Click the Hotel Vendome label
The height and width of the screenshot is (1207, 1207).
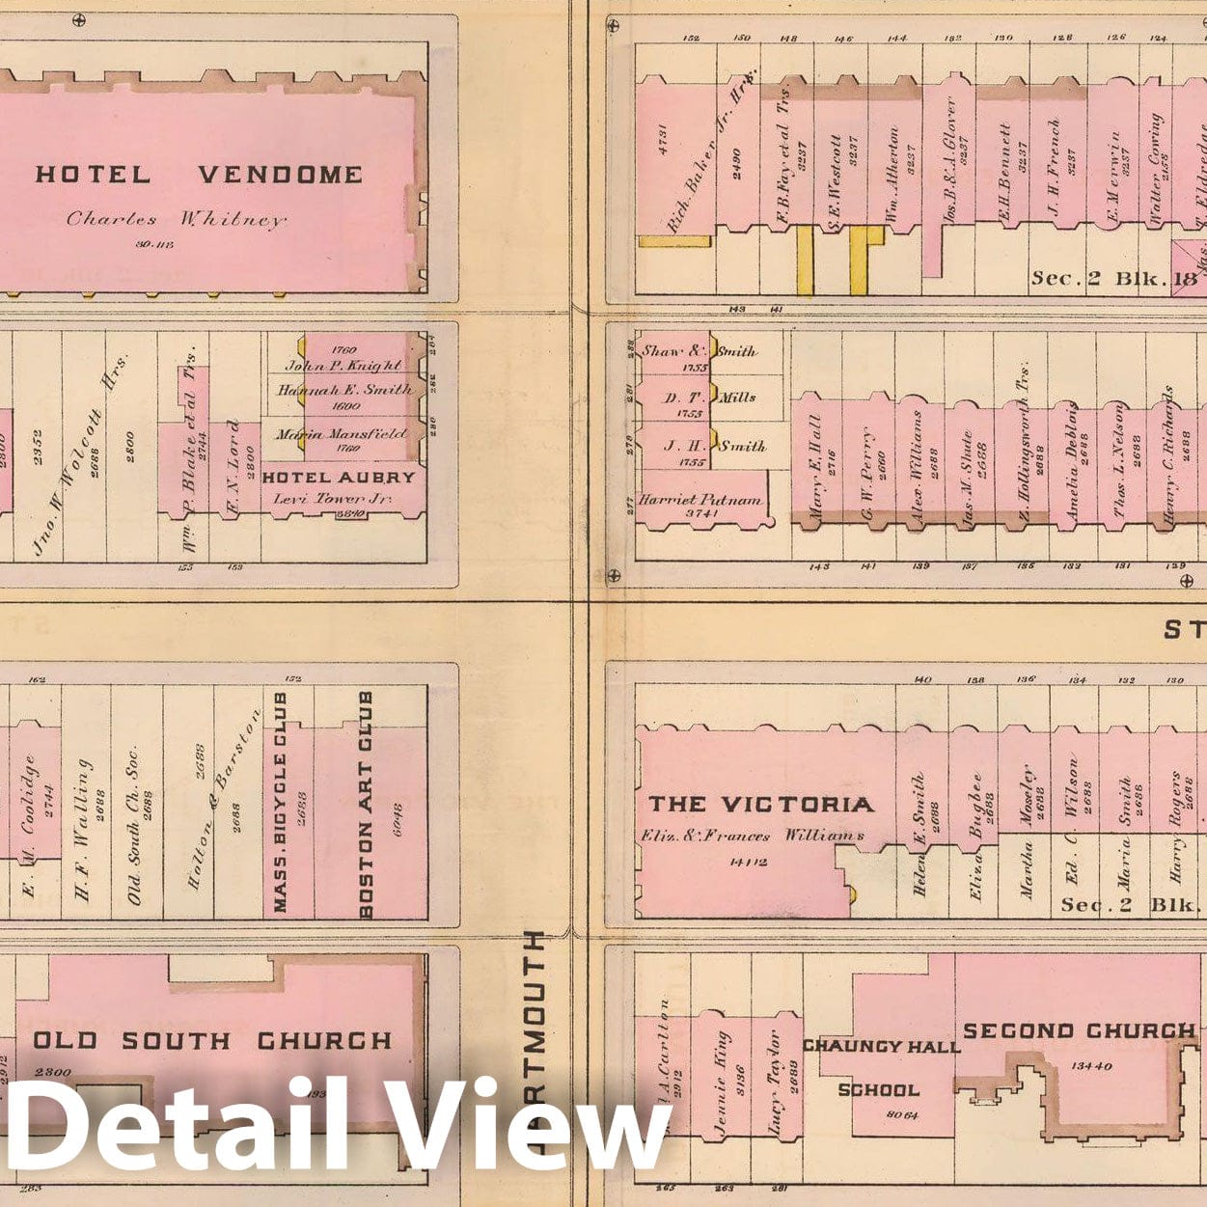[x=199, y=175]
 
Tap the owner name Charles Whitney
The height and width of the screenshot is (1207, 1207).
[x=177, y=219]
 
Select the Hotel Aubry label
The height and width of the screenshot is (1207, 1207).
[x=339, y=478]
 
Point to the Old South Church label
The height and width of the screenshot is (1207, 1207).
[x=213, y=1041]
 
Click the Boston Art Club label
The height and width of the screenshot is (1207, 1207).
[x=367, y=804]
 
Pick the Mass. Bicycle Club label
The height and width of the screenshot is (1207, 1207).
[x=281, y=802]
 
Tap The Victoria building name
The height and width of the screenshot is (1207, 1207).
[x=761, y=804]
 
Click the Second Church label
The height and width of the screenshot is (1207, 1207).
[x=1079, y=1030]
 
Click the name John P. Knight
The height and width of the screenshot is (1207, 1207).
[x=343, y=366]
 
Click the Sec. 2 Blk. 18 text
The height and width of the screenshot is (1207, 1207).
[x=1113, y=278]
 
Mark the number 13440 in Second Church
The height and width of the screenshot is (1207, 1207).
[x=1091, y=1066]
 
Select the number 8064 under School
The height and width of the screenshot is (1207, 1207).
[x=877, y=1115]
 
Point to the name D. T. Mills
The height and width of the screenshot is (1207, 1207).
[x=711, y=397]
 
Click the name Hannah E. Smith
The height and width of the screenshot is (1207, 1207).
[x=344, y=390]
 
